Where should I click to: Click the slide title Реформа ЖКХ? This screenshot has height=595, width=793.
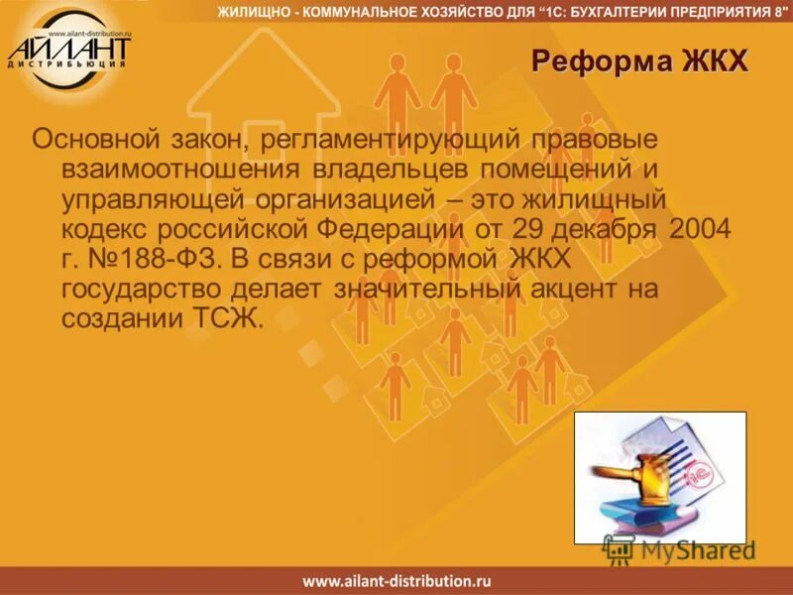638,62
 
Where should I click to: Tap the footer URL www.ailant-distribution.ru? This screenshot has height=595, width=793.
396,581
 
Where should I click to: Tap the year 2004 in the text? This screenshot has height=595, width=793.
700,229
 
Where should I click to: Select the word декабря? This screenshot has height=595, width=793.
608,229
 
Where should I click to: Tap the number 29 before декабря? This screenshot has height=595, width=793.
530,229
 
